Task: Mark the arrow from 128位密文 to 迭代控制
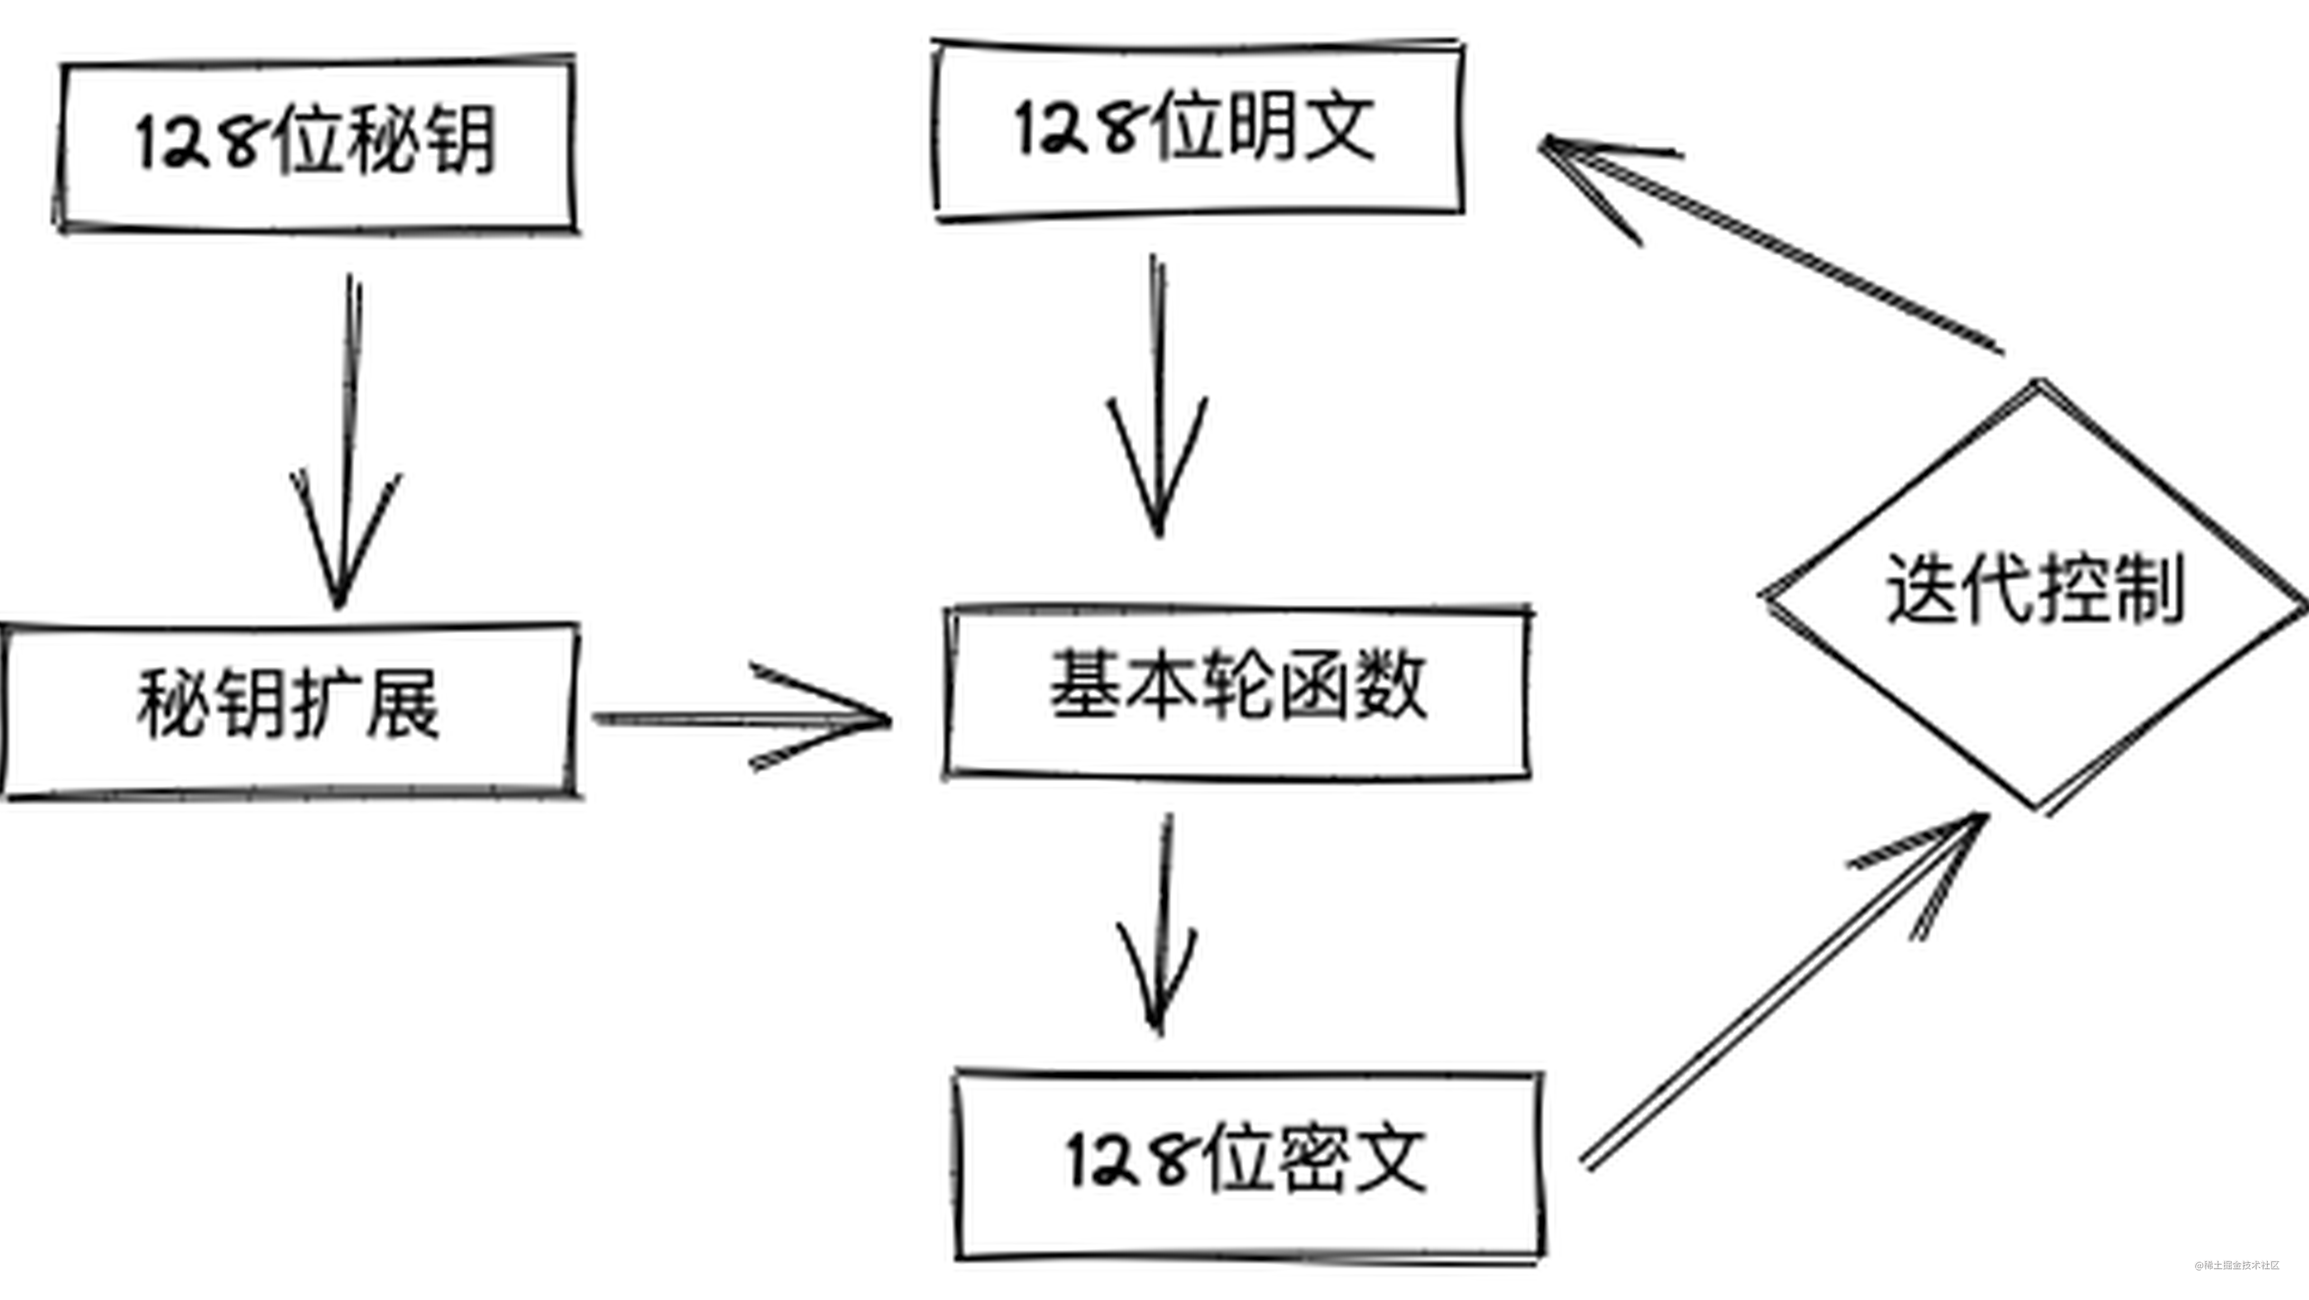click(x=1784, y=991)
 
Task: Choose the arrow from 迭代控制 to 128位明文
click(x=1770, y=242)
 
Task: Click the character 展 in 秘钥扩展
click(x=403, y=704)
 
